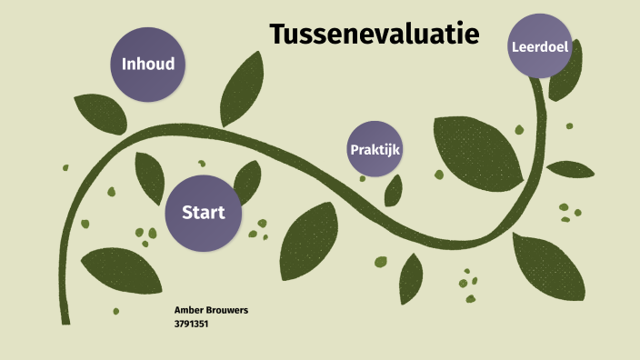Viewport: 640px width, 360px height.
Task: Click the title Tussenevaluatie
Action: (374, 35)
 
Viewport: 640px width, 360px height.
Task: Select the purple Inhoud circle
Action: (148, 64)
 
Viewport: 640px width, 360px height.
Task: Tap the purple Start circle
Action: (203, 213)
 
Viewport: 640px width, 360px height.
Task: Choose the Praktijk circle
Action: (375, 148)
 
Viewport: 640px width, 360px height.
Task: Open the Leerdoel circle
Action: (540, 45)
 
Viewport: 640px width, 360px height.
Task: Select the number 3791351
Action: (192, 322)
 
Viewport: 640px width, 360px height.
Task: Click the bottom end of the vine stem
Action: (65, 318)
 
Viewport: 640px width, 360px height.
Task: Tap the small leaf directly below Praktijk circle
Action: (394, 190)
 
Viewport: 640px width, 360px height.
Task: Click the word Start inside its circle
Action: (203, 213)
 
